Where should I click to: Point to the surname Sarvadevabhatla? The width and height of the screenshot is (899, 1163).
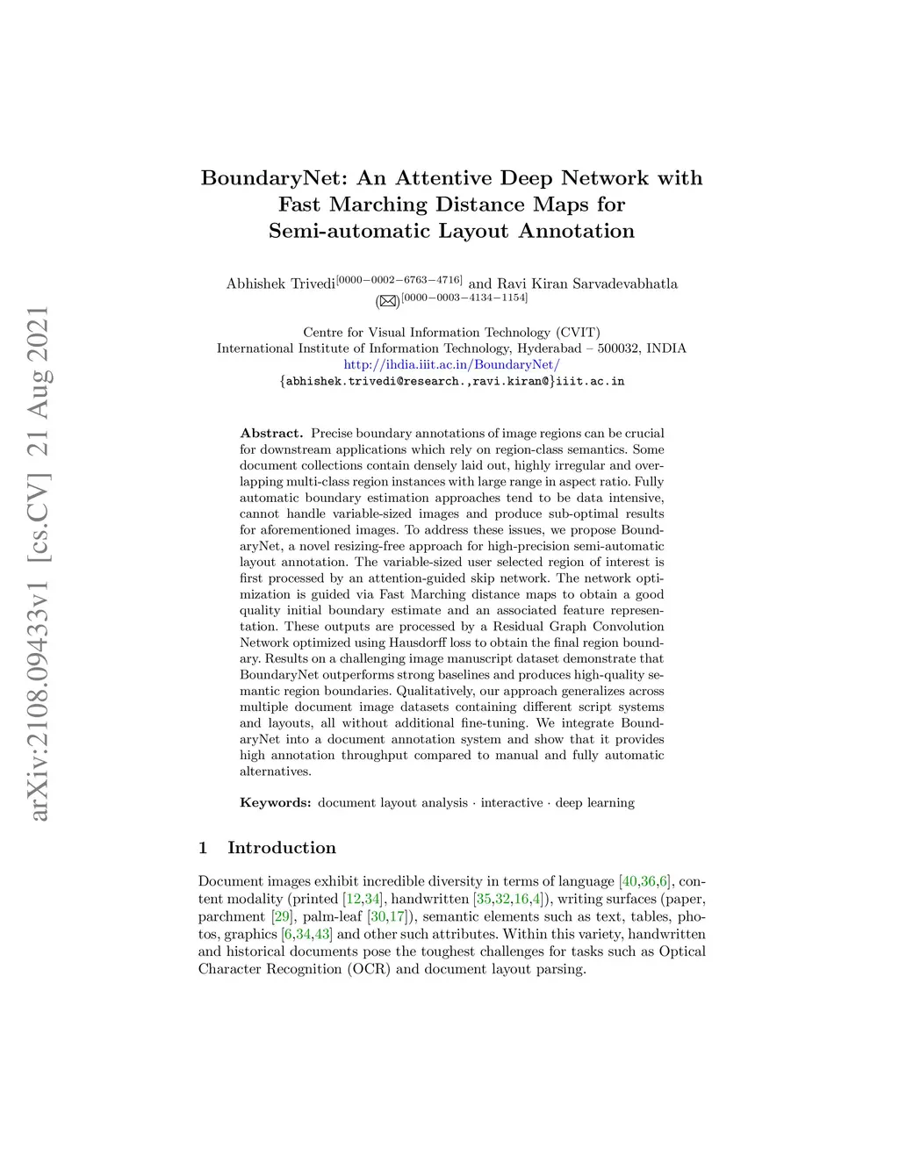[624, 284]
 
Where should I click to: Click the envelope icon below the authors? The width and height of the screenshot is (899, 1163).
[387, 301]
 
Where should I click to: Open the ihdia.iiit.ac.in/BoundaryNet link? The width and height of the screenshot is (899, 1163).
[451, 364]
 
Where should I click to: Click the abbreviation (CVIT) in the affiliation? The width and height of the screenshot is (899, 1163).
[577, 332]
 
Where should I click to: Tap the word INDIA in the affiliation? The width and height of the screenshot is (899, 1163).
[666, 348]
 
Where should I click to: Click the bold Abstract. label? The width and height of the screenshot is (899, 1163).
[271, 433]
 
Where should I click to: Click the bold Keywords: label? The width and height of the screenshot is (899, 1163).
[276, 802]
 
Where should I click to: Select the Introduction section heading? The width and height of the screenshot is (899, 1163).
[282, 847]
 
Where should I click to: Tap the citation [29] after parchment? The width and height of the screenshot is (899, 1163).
[282, 916]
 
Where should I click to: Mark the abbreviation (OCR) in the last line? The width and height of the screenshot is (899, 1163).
[369, 969]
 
